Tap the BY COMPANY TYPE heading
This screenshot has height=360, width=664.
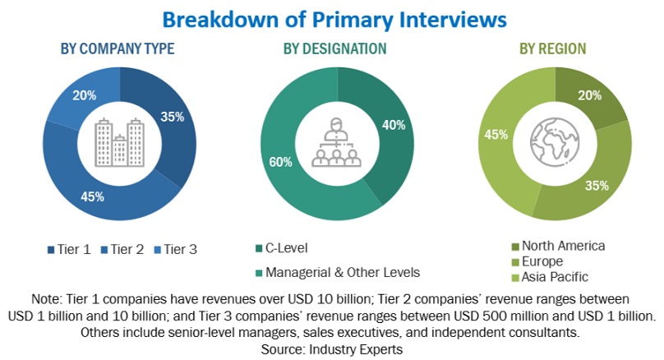click(x=118, y=48)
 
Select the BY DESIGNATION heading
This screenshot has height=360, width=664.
click(x=334, y=48)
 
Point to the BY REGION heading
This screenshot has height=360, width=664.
click(x=552, y=48)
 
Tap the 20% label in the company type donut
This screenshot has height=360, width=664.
click(x=84, y=95)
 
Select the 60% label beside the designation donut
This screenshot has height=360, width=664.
click(x=280, y=162)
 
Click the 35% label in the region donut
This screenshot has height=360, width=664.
click(x=597, y=186)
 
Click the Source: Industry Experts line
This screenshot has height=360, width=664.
click(x=332, y=348)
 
